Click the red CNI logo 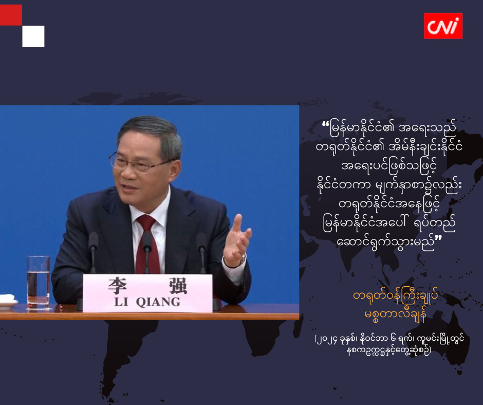[443, 26]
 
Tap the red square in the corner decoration [11, 15]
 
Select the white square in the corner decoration [33, 36]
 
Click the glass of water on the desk [39, 282]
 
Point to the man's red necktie [147, 244]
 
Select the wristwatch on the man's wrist [243, 259]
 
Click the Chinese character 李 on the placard [117, 286]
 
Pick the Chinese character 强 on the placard [178, 286]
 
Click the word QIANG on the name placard [158, 302]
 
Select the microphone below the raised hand [202, 251]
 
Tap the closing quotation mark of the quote [438, 238]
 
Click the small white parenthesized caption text [389, 345]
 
